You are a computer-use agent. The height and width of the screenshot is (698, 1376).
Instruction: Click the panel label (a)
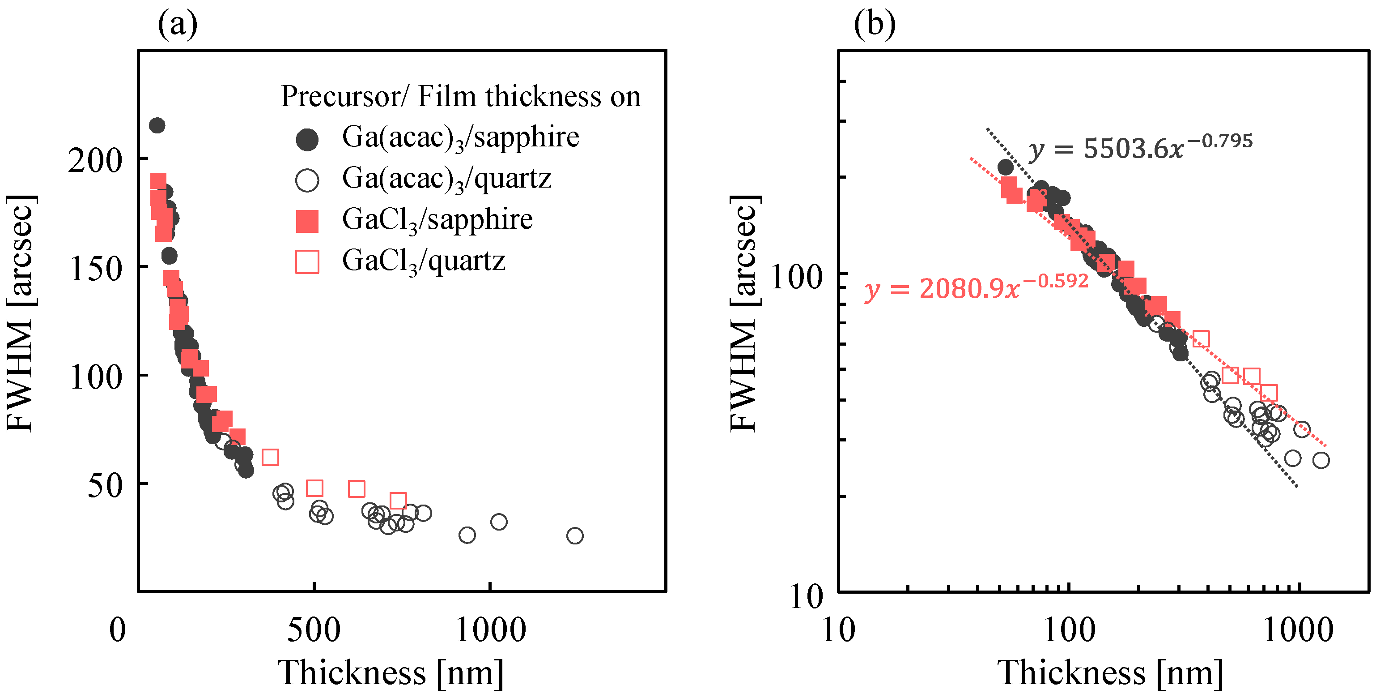177,24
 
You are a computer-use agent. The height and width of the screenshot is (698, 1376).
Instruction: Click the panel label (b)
875,24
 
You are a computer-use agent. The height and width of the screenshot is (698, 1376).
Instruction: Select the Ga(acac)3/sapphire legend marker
307,140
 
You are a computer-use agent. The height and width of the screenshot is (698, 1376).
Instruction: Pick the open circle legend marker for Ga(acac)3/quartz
307,180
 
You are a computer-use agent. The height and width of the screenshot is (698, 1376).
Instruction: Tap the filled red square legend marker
307,221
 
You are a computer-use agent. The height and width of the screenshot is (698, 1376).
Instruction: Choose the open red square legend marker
307,262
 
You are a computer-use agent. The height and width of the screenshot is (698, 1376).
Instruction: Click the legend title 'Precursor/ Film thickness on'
460,97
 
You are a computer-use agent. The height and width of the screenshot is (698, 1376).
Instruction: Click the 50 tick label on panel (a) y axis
105,485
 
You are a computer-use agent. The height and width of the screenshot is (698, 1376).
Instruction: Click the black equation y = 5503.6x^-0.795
1140,147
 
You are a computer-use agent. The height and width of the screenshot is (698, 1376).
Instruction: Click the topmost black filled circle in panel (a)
157,126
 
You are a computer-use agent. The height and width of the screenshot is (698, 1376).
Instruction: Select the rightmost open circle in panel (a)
575,535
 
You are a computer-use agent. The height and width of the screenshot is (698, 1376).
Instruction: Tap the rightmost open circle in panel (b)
1321,460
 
